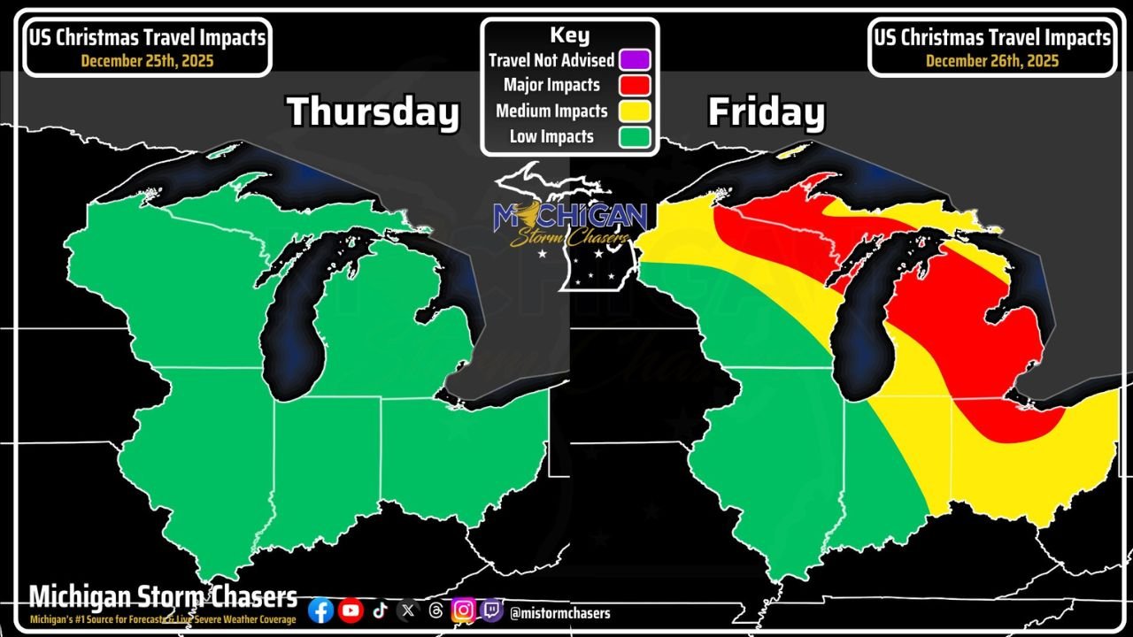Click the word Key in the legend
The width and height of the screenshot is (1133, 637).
[569, 35]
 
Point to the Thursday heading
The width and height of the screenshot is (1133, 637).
[373, 112]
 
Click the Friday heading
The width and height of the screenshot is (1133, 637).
[766, 113]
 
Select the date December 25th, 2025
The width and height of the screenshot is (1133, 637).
[148, 61]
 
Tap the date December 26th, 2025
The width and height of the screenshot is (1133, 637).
[992, 61]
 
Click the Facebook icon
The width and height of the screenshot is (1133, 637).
[321, 610]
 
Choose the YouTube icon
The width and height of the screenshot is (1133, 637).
[351, 610]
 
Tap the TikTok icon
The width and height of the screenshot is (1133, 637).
[379, 610]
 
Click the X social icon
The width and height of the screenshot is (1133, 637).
[407, 610]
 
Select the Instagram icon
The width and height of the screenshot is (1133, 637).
[463, 610]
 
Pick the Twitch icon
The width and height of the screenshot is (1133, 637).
[491, 610]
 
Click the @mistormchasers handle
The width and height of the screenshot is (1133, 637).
[559, 612]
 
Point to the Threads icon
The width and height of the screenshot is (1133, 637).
[435, 610]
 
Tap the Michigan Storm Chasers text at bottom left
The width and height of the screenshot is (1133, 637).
[163, 596]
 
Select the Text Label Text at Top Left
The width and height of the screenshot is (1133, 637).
[148, 38]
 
